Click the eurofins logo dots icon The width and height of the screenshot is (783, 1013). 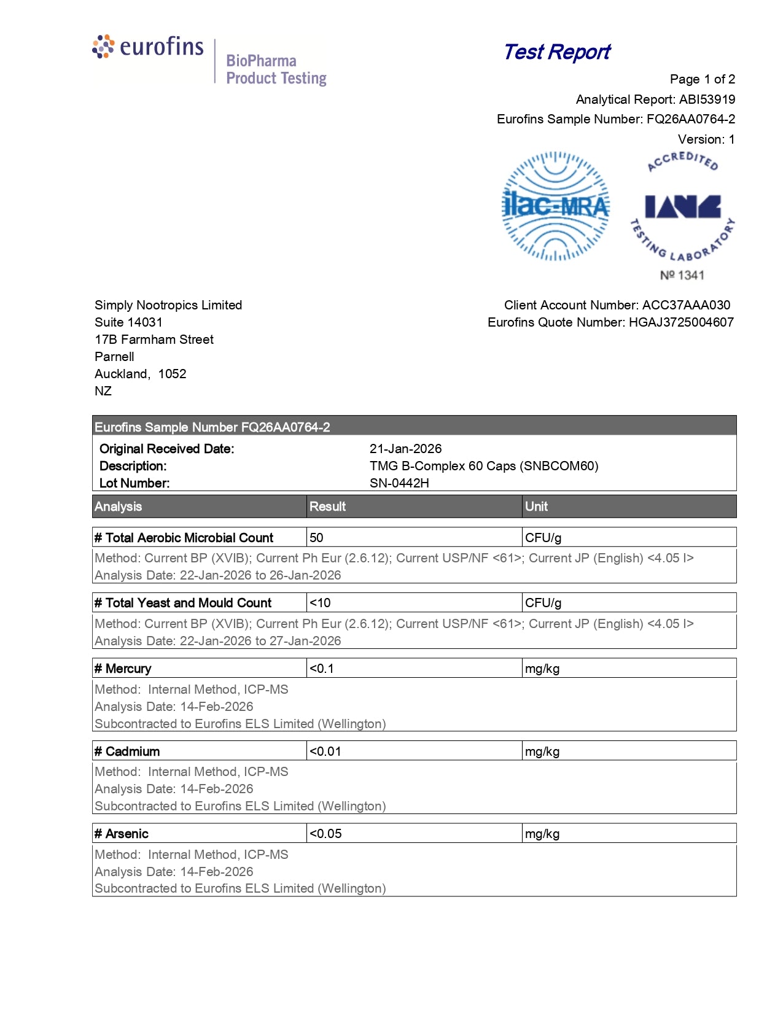[103, 47]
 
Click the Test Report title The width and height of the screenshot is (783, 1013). [557, 52]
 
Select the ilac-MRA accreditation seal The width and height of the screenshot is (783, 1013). [556, 206]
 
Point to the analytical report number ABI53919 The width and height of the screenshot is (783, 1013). [707, 99]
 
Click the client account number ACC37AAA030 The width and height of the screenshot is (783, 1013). [686, 305]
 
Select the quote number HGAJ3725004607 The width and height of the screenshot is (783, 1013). [681, 322]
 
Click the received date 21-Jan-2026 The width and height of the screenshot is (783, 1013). [405, 449]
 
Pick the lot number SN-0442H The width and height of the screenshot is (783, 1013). [399, 483]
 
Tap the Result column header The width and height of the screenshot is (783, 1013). [327, 506]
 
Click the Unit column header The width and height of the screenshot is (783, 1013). [536, 506]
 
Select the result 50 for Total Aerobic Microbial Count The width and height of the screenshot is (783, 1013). [316, 538]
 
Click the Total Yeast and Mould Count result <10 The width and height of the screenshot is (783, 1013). [320, 603]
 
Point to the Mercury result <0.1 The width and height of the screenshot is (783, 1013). [321, 669]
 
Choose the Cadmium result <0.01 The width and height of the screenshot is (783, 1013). [325, 751]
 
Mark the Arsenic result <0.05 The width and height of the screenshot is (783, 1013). [325, 834]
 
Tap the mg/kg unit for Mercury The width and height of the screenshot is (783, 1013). [542, 669]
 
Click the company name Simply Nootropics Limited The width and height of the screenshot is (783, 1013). [168, 305]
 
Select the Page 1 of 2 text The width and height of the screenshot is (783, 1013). [702, 79]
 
